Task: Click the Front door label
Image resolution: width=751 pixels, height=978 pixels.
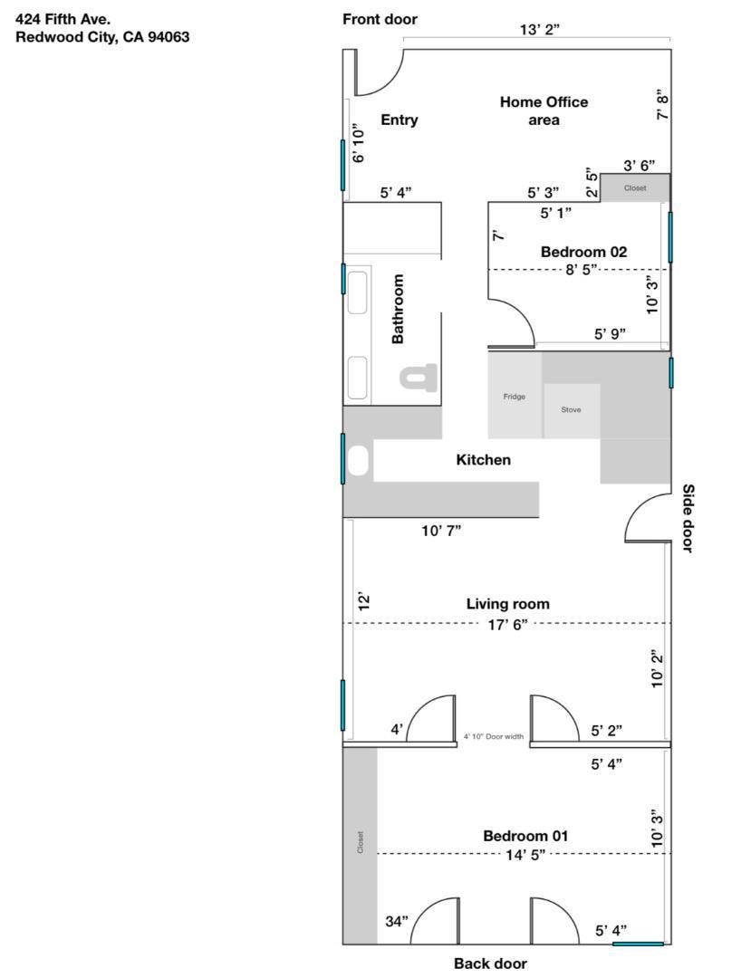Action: [x=380, y=20]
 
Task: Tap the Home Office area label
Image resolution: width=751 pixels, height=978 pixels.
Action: [x=544, y=110]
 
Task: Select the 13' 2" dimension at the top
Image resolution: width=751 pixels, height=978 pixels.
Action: [x=539, y=29]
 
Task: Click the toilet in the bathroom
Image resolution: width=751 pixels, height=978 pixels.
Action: [x=419, y=376]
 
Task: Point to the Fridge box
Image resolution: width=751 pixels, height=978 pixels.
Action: [x=514, y=397]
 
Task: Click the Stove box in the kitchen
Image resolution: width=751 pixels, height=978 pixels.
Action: [x=571, y=409]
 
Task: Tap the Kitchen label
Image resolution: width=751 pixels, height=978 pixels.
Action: [x=483, y=460]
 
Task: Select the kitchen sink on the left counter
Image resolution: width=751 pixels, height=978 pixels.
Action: [x=359, y=461]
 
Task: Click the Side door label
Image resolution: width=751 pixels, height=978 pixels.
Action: [x=688, y=517]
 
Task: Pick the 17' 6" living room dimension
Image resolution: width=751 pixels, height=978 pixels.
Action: [x=508, y=624]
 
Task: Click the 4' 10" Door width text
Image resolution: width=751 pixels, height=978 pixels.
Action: [x=494, y=737]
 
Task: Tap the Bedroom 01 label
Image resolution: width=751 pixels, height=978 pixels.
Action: [x=525, y=836]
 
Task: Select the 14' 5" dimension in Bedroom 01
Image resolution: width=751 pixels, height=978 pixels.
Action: [x=525, y=854]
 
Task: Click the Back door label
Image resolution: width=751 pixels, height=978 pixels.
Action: [x=489, y=964]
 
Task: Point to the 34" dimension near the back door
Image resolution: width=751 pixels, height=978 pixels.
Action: [x=397, y=921]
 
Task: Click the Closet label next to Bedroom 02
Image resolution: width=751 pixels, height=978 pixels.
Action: [x=635, y=188]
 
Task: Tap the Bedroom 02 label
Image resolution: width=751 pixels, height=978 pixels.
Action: [x=583, y=252]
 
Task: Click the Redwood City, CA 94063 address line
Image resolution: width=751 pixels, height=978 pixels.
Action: [x=102, y=37]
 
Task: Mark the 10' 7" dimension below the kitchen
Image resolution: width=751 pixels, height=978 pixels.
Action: [x=441, y=531]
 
